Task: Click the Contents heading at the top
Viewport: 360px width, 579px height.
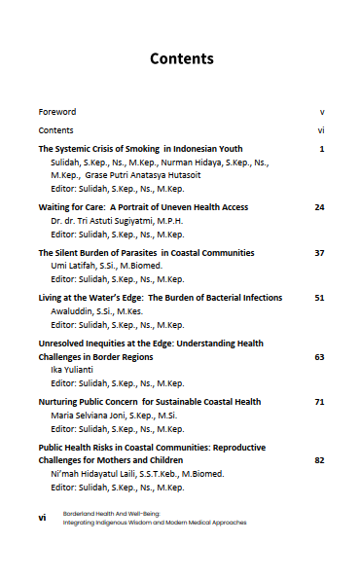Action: [x=181, y=59]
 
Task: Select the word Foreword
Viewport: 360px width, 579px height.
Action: [x=57, y=112]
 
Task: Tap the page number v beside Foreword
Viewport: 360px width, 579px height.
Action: [x=321, y=112]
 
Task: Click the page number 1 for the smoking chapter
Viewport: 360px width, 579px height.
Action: [x=321, y=149]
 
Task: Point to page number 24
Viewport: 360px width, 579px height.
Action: [x=319, y=207]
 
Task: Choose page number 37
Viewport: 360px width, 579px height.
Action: [x=319, y=252]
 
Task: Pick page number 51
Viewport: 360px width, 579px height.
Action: [x=319, y=297]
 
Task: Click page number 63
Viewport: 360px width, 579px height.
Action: [x=319, y=356]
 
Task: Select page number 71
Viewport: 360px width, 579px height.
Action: [x=319, y=401]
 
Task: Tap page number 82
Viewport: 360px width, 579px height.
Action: [x=319, y=459]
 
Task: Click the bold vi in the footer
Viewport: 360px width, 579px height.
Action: [x=43, y=518]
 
